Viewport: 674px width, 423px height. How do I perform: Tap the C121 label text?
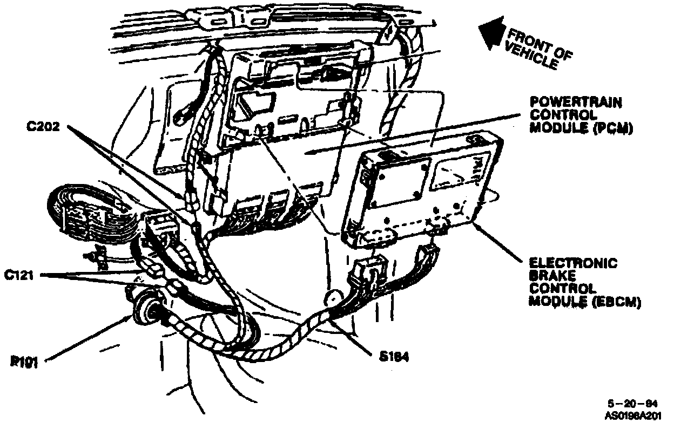click(x=22, y=276)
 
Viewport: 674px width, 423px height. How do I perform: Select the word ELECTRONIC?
click(x=572, y=263)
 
